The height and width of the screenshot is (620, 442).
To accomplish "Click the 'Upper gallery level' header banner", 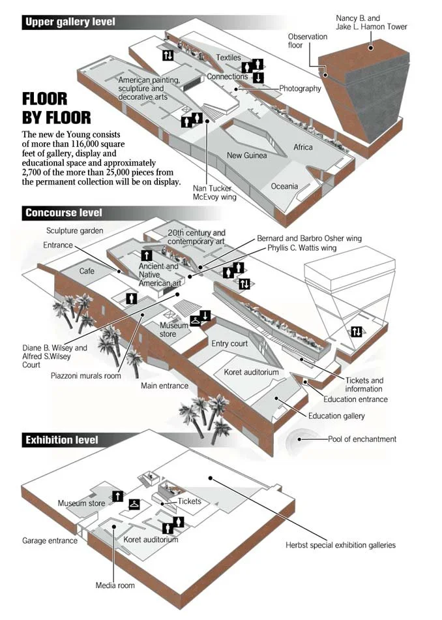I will coord(70,22).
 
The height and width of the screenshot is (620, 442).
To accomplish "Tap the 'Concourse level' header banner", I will coord(63,213).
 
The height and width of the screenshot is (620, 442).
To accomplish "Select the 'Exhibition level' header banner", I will coord(61,440).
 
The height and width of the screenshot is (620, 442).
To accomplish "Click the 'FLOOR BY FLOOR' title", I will coord(56,108).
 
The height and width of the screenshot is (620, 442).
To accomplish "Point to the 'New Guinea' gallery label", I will coord(246,155).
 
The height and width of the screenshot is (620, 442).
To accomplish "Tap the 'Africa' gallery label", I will coord(302,147).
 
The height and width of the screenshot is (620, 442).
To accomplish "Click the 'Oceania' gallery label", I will coord(284,187).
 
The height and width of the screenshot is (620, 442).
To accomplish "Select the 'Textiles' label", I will coord(228,58).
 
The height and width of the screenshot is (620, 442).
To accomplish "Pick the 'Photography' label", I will coord(300,89).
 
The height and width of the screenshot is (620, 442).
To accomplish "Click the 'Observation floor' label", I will coord(308,41).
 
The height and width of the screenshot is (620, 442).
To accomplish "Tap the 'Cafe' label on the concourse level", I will coord(87,270).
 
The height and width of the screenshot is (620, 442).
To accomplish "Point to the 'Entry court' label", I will coord(229,343).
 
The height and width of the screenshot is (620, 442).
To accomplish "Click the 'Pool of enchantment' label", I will coord(362,439).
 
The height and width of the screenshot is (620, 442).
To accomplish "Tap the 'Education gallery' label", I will coord(336,416).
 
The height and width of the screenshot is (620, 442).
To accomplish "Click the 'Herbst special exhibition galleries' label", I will coord(340,545).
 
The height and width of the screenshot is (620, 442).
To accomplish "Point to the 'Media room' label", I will coord(115,585).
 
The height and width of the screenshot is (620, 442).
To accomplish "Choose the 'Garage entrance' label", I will coord(50,541).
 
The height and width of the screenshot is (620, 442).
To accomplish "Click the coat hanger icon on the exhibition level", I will coord(134,503).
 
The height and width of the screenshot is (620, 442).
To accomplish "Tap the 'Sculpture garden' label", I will coord(75,231).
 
